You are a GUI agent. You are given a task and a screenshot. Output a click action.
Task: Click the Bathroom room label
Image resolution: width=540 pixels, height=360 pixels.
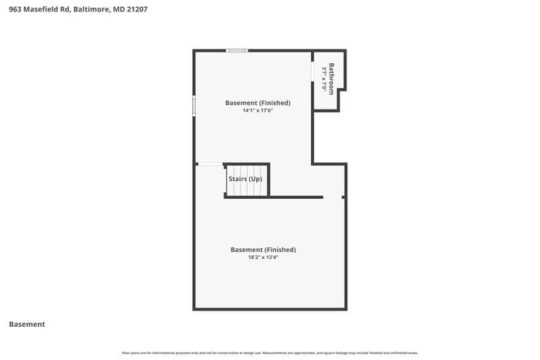point(332,78)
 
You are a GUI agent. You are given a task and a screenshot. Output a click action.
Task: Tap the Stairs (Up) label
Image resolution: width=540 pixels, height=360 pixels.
point(245,179)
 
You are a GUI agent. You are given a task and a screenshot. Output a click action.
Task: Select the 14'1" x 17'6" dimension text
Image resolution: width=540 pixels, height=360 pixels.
point(258,110)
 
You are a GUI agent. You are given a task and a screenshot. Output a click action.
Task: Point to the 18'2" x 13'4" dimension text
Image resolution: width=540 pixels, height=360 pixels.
point(262,257)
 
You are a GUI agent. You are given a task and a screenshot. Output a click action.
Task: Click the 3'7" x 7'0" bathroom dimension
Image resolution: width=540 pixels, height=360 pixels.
point(324,78)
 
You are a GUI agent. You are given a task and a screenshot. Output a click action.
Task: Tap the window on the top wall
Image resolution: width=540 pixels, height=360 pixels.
point(237,51)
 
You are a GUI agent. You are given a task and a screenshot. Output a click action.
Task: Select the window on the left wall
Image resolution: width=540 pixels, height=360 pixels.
point(194,106)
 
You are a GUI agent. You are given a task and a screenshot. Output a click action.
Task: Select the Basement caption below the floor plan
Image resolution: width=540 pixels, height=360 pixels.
point(27,325)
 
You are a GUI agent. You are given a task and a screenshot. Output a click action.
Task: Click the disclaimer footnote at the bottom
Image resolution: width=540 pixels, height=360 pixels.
point(270,352)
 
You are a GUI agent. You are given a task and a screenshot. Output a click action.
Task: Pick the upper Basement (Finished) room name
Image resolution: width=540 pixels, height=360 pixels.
point(258,103)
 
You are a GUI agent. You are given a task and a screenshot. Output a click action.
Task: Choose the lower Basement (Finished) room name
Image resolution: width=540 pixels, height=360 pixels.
point(263,250)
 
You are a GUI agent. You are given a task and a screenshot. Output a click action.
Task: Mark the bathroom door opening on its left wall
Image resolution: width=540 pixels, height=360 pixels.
point(313,81)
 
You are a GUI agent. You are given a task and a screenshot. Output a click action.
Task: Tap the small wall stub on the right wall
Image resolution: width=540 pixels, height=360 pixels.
point(344,197)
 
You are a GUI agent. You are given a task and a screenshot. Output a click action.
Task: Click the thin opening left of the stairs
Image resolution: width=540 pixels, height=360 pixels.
point(210,164)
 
